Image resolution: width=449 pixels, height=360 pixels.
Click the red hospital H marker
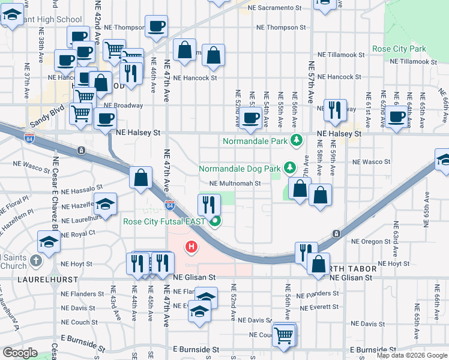[x=191, y=246]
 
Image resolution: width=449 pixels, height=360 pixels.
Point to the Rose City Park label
[x=399, y=49]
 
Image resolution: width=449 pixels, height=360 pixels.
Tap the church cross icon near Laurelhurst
[x=36, y=260]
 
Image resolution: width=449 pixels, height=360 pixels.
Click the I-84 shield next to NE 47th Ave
[x=170, y=205]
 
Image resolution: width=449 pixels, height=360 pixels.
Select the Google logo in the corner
[x=20, y=352]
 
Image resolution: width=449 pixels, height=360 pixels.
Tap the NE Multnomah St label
[x=235, y=184]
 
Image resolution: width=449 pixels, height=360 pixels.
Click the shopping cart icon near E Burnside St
[x=284, y=334]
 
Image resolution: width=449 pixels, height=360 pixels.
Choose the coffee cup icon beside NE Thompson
[x=156, y=26]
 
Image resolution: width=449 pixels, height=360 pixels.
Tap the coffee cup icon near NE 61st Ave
[x=396, y=116]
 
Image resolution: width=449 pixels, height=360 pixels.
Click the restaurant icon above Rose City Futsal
[x=209, y=205]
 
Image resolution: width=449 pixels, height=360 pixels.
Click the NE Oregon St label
[x=371, y=241]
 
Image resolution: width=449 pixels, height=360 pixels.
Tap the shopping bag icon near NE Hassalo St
[x=140, y=178]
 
